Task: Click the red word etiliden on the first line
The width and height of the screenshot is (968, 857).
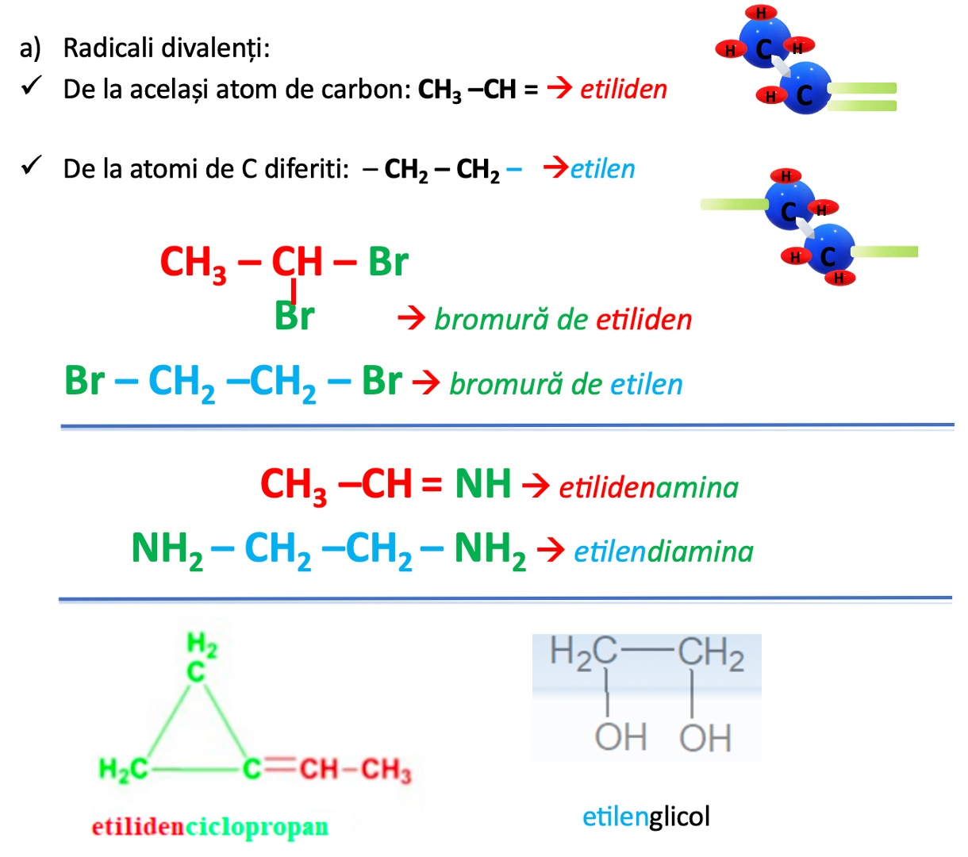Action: (x=624, y=89)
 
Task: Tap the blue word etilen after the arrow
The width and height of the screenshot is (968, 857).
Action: (x=603, y=169)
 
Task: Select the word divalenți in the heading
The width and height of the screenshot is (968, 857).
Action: (x=213, y=48)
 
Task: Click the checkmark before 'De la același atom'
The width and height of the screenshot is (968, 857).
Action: (x=32, y=86)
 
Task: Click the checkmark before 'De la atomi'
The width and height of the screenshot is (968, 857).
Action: (x=32, y=166)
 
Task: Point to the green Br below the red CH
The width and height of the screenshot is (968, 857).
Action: (x=294, y=316)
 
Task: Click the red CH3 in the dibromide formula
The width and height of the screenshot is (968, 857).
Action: (x=193, y=263)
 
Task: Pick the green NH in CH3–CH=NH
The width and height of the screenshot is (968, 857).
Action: (x=482, y=484)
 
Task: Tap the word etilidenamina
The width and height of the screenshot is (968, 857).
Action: (x=648, y=487)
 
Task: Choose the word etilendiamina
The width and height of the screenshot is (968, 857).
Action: (x=663, y=551)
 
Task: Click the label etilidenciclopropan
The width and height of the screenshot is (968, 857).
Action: (x=209, y=827)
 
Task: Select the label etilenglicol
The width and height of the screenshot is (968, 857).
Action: (x=646, y=817)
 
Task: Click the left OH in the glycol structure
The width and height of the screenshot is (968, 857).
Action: (x=620, y=737)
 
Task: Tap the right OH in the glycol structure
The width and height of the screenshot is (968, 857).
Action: (x=705, y=738)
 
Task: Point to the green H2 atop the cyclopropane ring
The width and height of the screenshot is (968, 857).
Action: (x=202, y=644)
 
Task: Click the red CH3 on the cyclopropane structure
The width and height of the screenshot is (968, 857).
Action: (x=386, y=770)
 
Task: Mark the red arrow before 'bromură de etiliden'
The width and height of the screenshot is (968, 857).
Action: (x=411, y=319)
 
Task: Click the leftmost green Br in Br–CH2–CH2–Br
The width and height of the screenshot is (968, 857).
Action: (x=84, y=381)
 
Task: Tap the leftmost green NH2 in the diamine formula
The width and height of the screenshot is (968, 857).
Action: (x=167, y=549)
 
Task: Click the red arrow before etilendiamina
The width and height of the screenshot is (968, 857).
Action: (x=551, y=549)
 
